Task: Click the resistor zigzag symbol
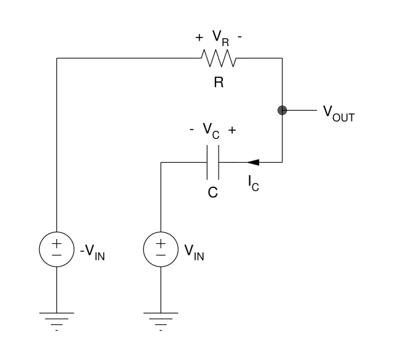click(x=219, y=58)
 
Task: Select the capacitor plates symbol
click(x=213, y=162)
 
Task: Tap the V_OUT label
click(x=338, y=114)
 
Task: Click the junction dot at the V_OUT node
click(x=282, y=110)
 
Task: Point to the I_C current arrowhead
click(x=252, y=162)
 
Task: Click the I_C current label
click(x=254, y=183)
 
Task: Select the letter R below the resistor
click(x=219, y=82)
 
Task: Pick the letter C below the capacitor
click(x=213, y=192)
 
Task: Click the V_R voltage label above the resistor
click(x=220, y=38)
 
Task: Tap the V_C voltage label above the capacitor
click(x=211, y=131)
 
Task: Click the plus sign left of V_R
click(x=199, y=37)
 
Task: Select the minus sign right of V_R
click(x=239, y=37)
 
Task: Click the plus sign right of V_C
click(x=232, y=130)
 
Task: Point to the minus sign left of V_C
click(x=192, y=130)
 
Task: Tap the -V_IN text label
click(x=93, y=252)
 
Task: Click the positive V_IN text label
click(x=194, y=252)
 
